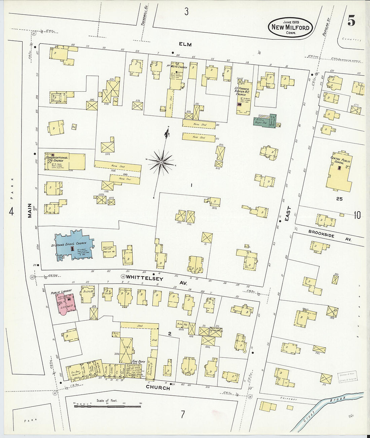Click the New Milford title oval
[290, 27]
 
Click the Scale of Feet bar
[107, 406]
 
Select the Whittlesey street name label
[145, 278]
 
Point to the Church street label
[157, 388]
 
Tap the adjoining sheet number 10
[357, 215]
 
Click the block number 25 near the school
[339, 199]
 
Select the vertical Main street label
[30, 211]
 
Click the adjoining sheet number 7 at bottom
[183, 415]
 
